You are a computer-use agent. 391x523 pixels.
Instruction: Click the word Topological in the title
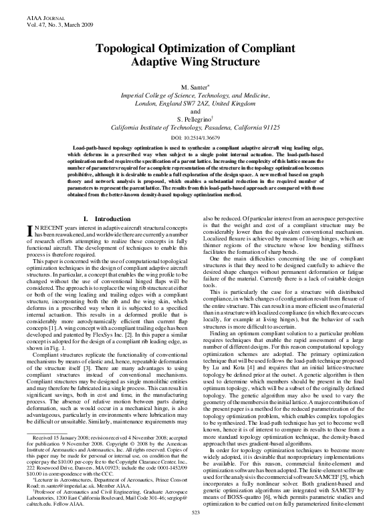[x=135, y=50]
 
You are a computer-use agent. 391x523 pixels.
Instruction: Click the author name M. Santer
[x=194, y=88]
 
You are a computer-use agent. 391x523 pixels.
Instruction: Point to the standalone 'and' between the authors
[x=195, y=110]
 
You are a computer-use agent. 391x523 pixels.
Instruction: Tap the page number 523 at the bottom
[x=195, y=512]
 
